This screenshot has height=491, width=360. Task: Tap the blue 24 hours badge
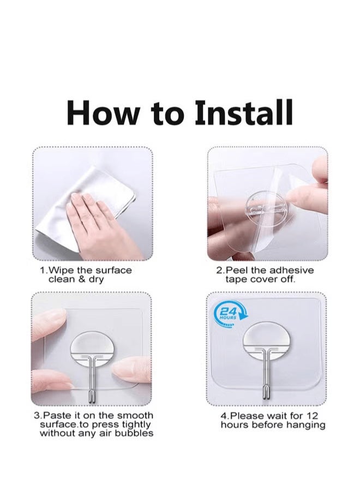(x=231, y=314)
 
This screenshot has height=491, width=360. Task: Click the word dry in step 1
(x=96, y=279)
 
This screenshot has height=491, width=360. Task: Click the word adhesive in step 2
(x=291, y=270)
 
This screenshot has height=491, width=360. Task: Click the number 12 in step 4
(x=312, y=416)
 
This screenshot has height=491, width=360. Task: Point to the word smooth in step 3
(x=135, y=416)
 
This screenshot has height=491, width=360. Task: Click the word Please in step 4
(x=247, y=416)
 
